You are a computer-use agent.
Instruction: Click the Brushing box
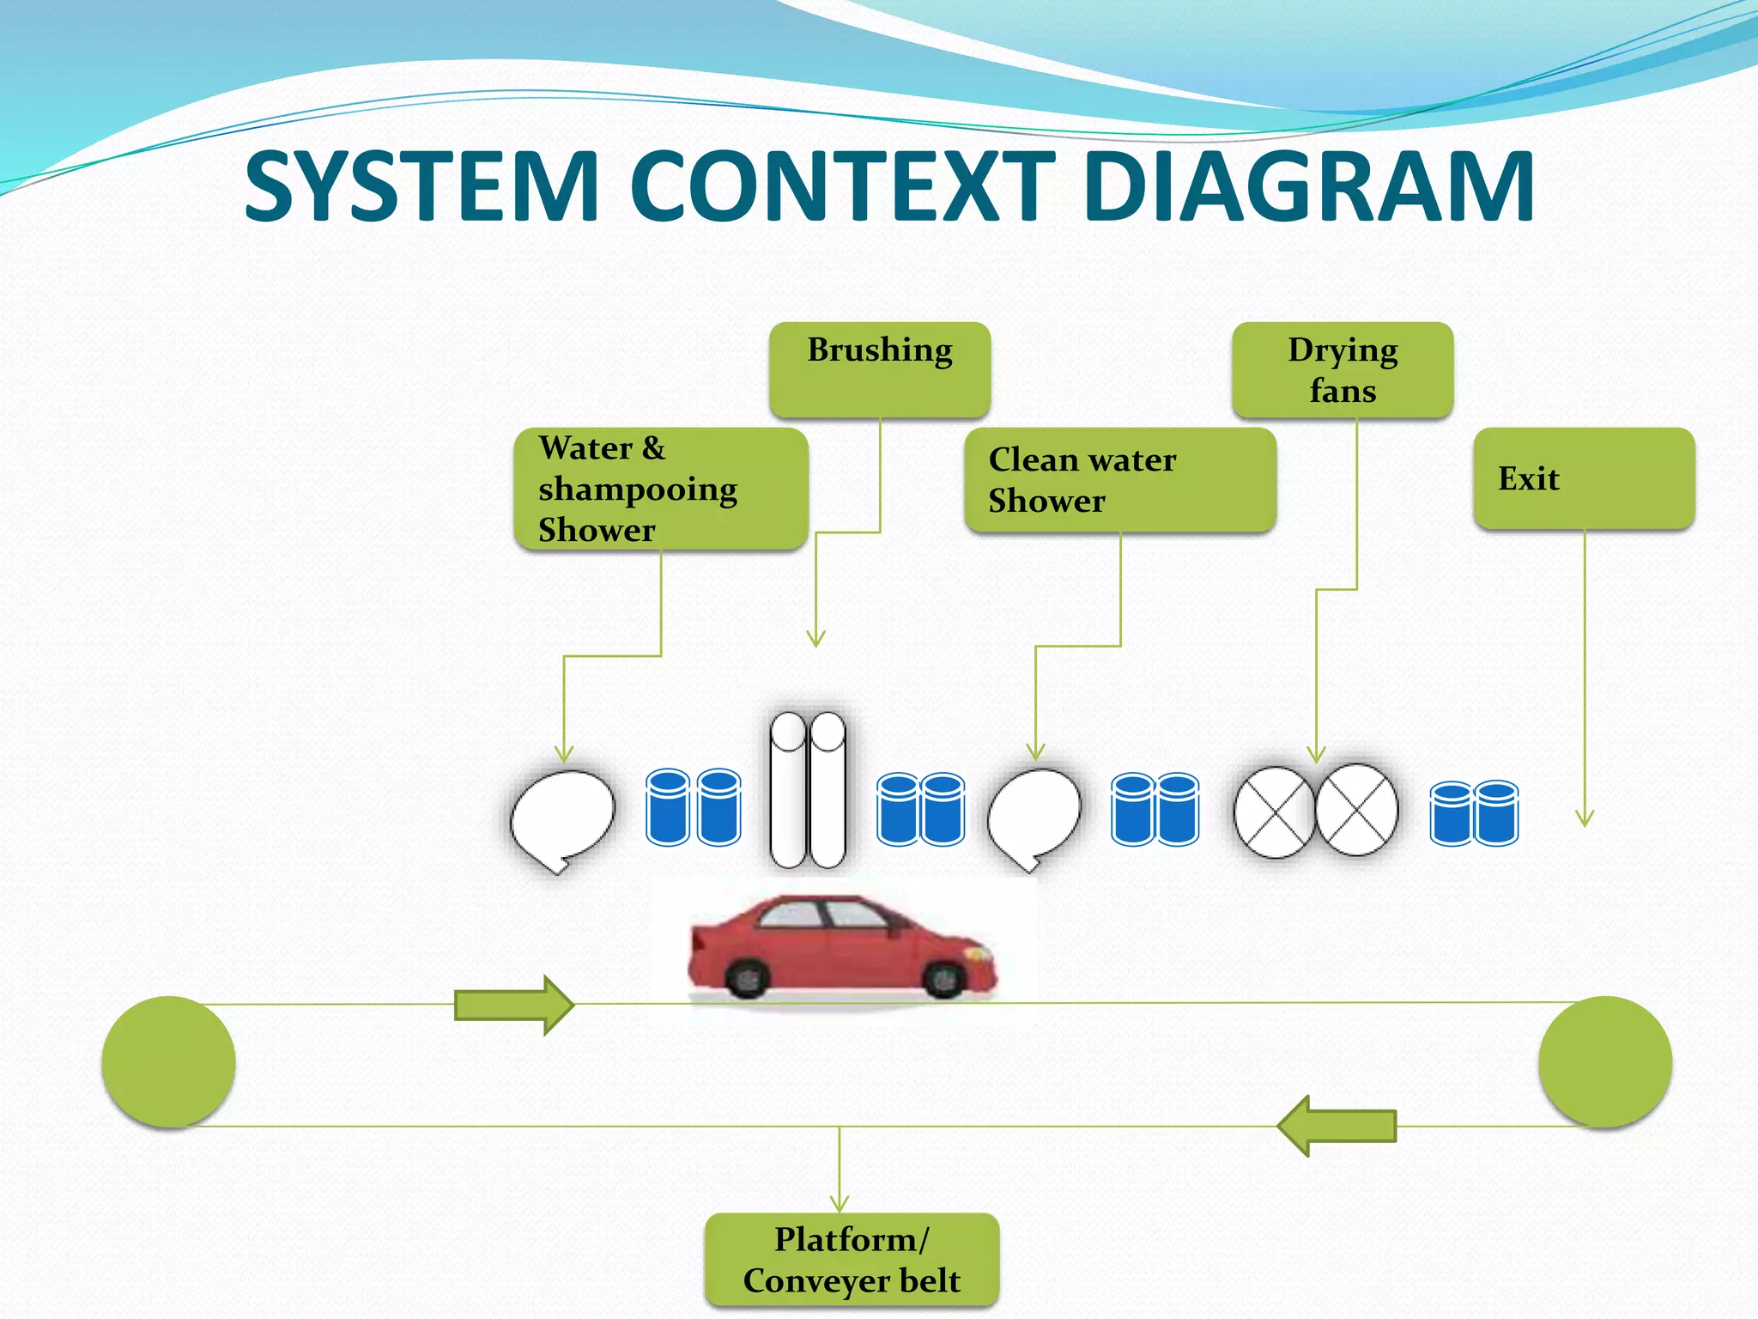[x=880, y=370]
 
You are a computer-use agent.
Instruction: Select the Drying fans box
[x=1343, y=370]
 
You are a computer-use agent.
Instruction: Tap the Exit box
[x=1584, y=478]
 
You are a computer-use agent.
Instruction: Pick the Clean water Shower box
[x=1120, y=480]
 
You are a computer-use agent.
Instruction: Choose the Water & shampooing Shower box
[x=661, y=489]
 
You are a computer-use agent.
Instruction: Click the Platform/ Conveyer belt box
[x=852, y=1260]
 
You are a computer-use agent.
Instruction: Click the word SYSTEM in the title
[x=421, y=186]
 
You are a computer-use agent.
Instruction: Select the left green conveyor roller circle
[x=168, y=1062]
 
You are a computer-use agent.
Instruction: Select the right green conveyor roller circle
[x=1604, y=1062]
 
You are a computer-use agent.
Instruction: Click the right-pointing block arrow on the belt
[x=513, y=1005]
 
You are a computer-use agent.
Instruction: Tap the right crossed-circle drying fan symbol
[x=1356, y=810]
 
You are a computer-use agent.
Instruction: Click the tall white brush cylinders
[x=808, y=790]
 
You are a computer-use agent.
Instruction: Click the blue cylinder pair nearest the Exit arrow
[x=1474, y=813]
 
